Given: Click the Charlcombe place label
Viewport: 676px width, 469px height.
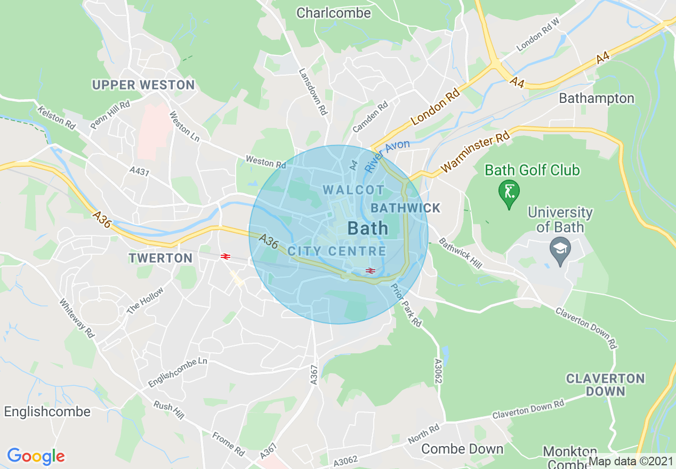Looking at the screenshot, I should [x=333, y=12].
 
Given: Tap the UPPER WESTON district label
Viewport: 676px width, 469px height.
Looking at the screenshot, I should [x=143, y=85].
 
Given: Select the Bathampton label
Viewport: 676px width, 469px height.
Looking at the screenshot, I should [x=597, y=98].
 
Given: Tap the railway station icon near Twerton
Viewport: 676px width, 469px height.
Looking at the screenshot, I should [x=225, y=256].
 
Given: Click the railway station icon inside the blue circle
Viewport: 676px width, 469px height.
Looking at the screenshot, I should [x=370, y=271].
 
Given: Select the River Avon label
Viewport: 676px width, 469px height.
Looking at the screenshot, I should [x=387, y=156].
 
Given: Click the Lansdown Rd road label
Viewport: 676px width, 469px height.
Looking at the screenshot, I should [x=312, y=92].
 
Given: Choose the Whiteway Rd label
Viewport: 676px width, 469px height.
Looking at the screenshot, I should [x=77, y=318].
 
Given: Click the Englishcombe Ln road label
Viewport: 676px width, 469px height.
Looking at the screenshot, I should [x=177, y=372].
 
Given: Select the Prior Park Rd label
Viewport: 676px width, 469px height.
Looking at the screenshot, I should [x=406, y=305].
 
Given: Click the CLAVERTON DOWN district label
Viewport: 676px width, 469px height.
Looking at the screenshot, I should [x=605, y=385].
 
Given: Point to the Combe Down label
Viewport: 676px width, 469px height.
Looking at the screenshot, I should [x=462, y=449].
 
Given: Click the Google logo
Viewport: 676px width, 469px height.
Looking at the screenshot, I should [x=36, y=456].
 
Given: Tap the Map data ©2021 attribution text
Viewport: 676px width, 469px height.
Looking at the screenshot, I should [x=631, y=461].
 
